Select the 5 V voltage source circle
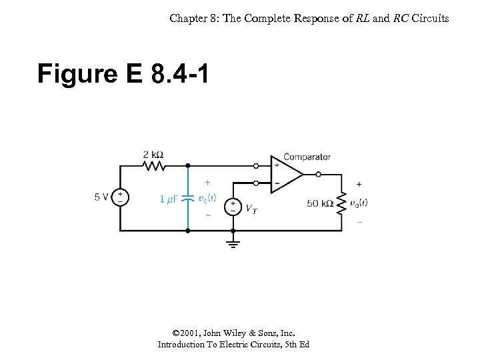(120, 197)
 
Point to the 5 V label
(101, 197)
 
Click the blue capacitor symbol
(188, 198)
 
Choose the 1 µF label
(169, 199)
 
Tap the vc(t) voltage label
(207, 197)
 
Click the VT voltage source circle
(233, 207)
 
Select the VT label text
(251, 209)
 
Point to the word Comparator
(307, 157)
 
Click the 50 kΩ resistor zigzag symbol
(341, 203)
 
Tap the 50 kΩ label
(320, 203)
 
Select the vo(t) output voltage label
(358, 203)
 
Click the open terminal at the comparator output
(319, 174)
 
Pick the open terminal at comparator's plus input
(256, 165)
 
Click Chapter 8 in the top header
(193, 18)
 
